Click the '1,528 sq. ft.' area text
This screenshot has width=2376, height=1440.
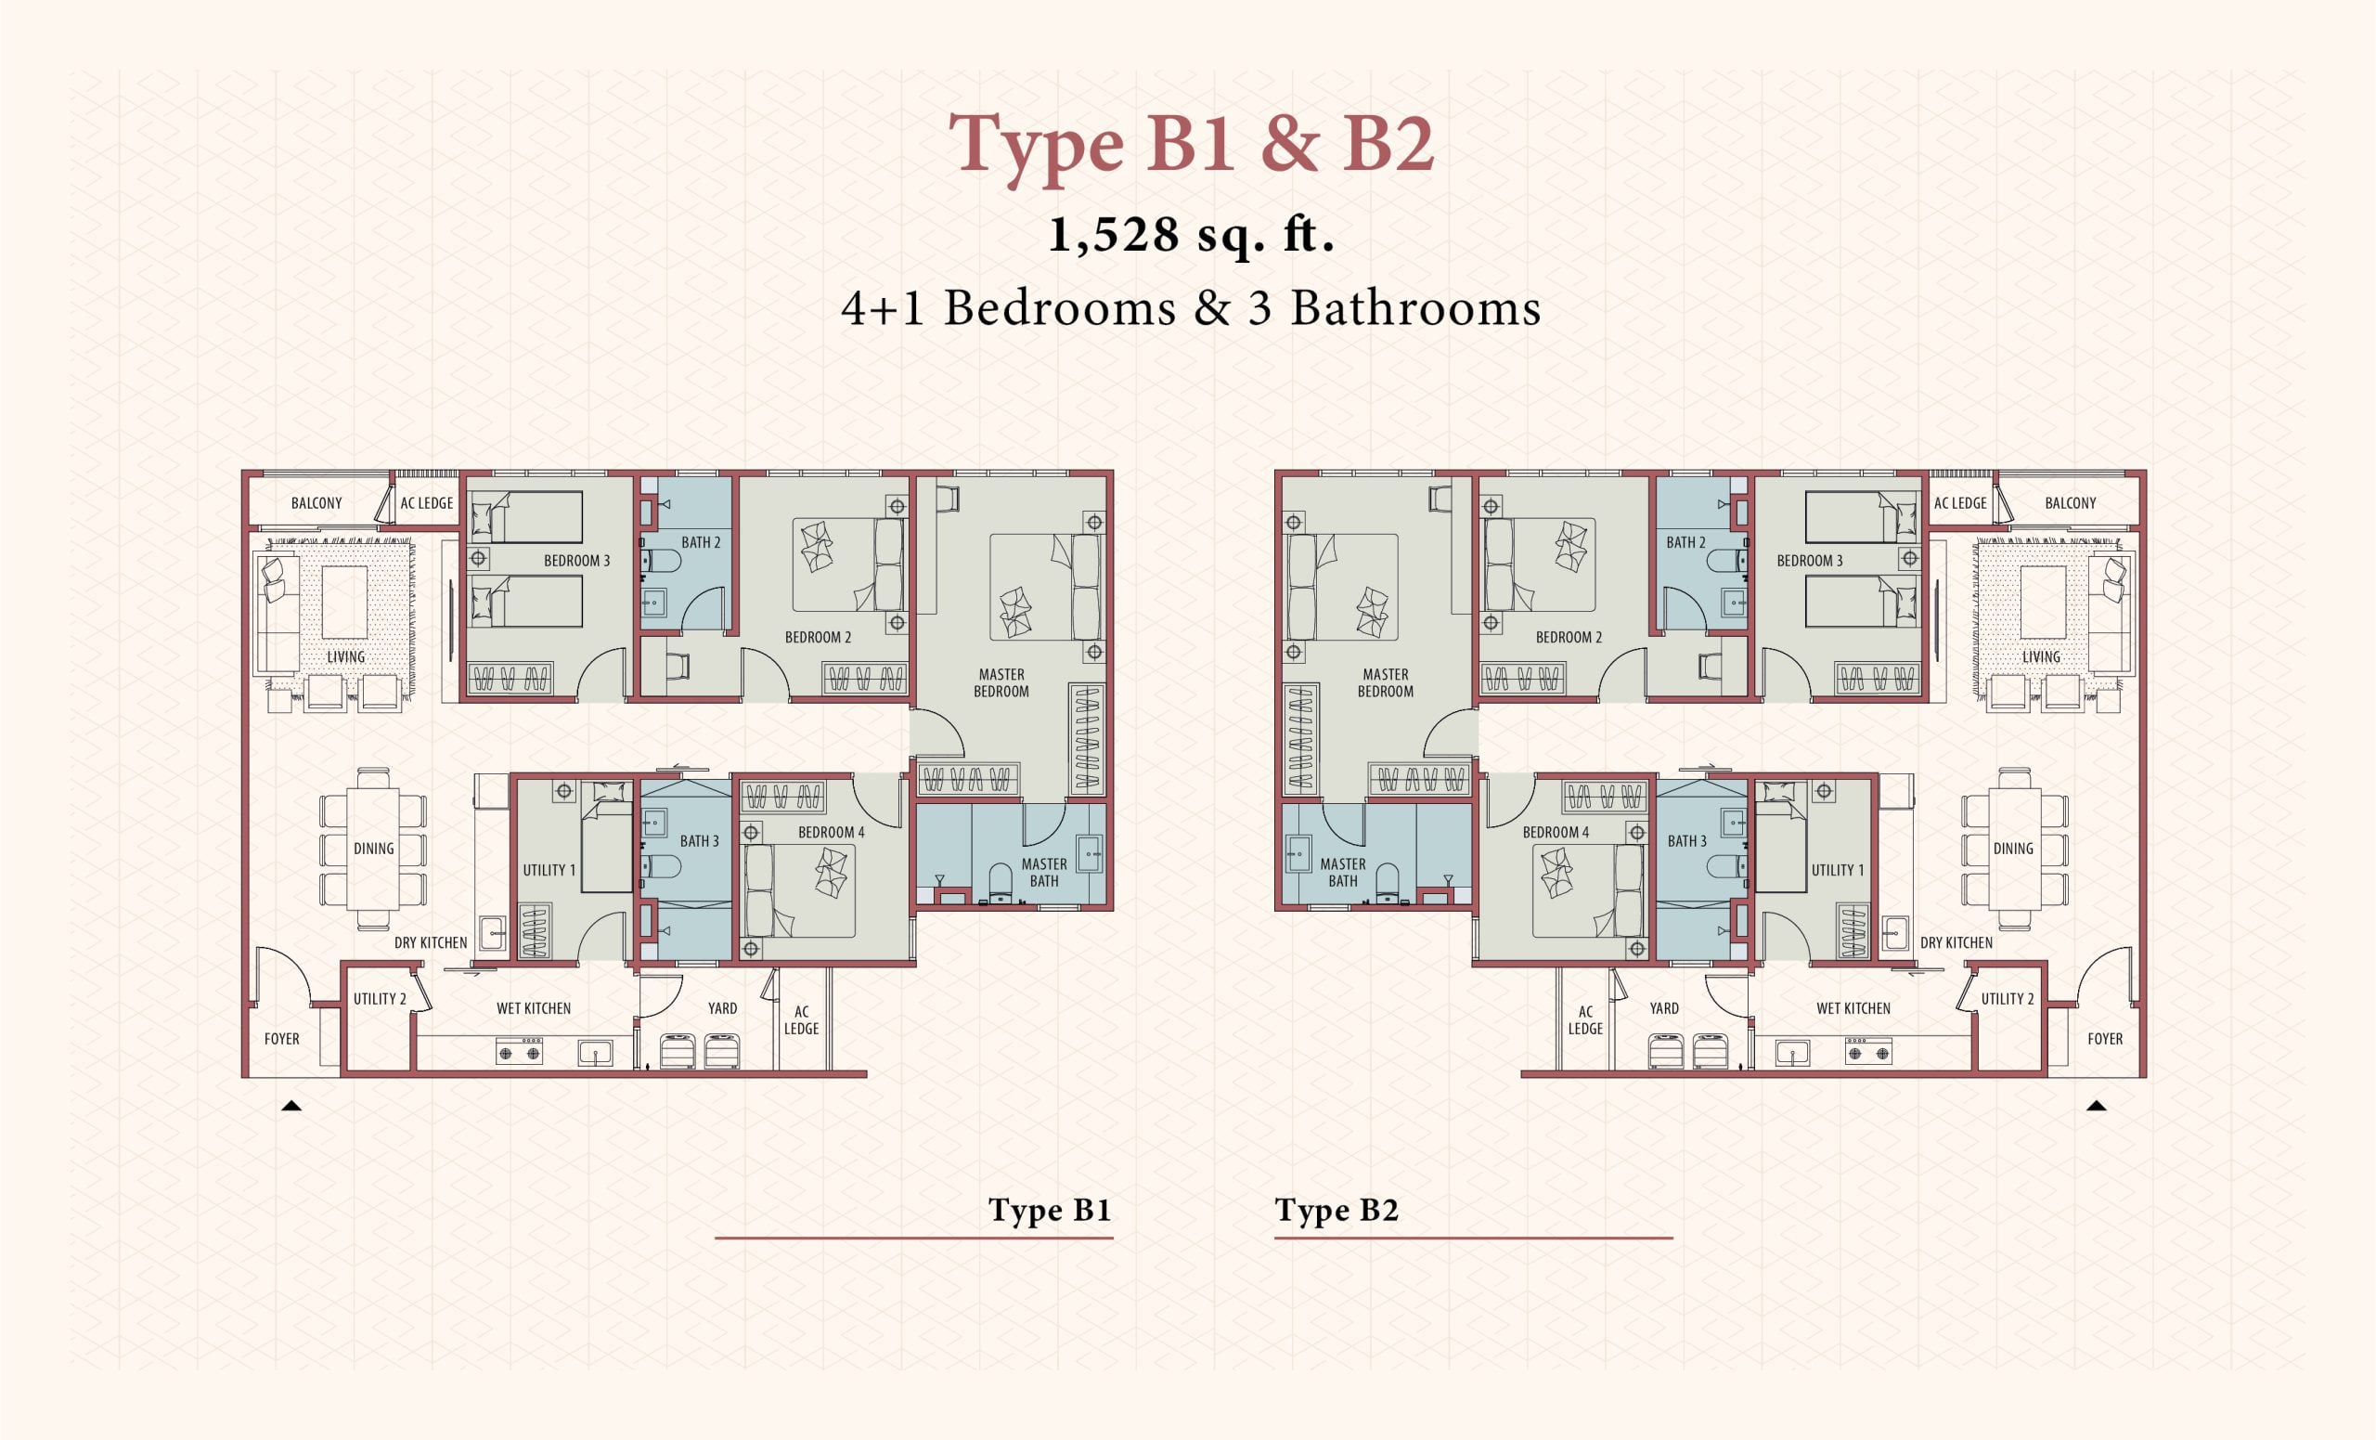[1191, 234]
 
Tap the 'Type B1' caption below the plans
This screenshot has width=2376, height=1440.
[1050, 1211]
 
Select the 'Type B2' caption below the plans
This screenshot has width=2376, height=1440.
[1336, 1211]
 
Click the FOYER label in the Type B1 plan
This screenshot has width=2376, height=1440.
[281, 1039]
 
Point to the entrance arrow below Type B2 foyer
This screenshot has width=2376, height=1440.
[2096, 1106]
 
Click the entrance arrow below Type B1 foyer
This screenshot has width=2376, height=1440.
[291, 1106]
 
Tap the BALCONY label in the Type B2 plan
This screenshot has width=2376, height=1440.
[2071, 503]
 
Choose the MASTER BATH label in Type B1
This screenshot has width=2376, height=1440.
[1044, 872]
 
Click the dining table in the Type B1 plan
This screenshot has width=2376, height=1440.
[373, 849]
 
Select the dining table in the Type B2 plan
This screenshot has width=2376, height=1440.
[2014, 849]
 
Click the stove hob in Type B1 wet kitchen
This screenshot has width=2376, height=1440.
[519, 1050]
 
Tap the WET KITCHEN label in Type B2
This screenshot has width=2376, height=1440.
[1853, 1009]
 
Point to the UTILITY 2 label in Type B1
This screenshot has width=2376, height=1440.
[380, 999]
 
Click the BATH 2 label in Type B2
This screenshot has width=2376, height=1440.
[1685, 543]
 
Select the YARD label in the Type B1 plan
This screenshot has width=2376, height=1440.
[722, 1009]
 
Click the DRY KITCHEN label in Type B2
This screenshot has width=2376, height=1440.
[1956, 943]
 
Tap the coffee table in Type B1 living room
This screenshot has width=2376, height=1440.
[344, 602]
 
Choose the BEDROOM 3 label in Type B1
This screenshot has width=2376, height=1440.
[576, 561]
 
